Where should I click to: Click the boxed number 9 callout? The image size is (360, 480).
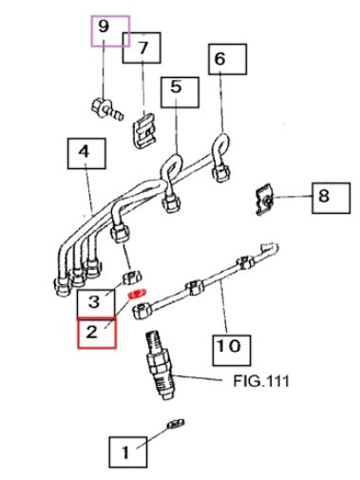point(109,30)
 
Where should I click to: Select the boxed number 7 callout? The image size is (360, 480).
point(142,47)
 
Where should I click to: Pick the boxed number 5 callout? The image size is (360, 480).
point(177,90)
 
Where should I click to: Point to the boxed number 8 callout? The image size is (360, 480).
point(323,197)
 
